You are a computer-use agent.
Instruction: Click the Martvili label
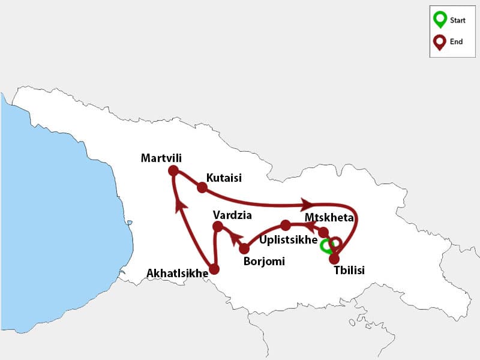[x=161, y=158]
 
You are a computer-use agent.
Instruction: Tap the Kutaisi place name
[x=224, y=178]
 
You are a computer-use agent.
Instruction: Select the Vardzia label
[x=232, y=214]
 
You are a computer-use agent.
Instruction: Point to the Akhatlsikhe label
[x=177, y=274]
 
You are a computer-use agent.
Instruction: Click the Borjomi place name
[x=264, y=262]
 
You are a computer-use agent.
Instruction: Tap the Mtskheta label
[x=329, y=217]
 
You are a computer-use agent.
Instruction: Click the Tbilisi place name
[x=349, y=270]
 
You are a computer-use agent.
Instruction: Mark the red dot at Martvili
[x=174, y=171]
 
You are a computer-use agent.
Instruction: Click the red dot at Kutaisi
[x=202, y=187]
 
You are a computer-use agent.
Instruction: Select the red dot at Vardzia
[x=218, y=226]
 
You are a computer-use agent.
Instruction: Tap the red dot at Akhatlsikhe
[x=214, y=269]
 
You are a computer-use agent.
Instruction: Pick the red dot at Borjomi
[x=244, y=248]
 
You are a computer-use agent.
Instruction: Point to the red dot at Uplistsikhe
[x=286, y=226]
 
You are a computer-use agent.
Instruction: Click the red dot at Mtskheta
[x=323, y=232]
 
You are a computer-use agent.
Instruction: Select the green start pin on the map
[x=326, y=245]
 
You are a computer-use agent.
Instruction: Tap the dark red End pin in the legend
[x=440, y=42]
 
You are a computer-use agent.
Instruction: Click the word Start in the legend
[x=458, y=20]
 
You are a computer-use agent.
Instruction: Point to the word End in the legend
[x=456, y=42]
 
